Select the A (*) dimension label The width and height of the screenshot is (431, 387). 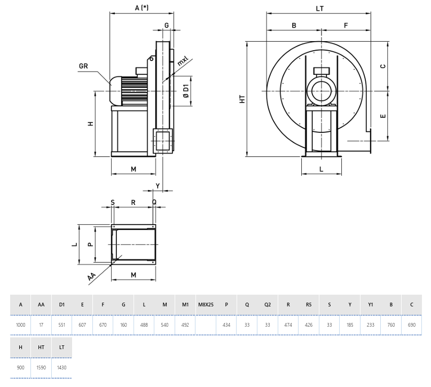click(142, 7)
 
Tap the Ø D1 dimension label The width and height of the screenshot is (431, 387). click(186, 91)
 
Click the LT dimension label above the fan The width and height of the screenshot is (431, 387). click(320, 9)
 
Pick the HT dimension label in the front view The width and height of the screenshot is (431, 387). click(242, 99)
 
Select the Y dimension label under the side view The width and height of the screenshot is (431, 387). click(158, 185)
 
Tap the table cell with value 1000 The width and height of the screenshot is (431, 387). click(20, 325)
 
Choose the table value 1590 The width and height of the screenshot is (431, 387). click(41, 367)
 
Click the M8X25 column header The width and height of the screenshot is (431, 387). click(206, 304)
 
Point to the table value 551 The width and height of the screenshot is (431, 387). click(62, 325)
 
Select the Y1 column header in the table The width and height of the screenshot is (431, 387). click(371, 304)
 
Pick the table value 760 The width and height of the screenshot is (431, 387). click(391, 325)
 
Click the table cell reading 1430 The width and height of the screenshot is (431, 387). click(61, 367)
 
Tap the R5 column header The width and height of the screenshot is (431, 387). click(309, 304)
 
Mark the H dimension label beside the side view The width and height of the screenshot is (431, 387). click(91, 123)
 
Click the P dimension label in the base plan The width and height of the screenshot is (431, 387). click(91, 244)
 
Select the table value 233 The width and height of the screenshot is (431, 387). click(371, 325)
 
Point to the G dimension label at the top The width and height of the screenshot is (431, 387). click(167, 25)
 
